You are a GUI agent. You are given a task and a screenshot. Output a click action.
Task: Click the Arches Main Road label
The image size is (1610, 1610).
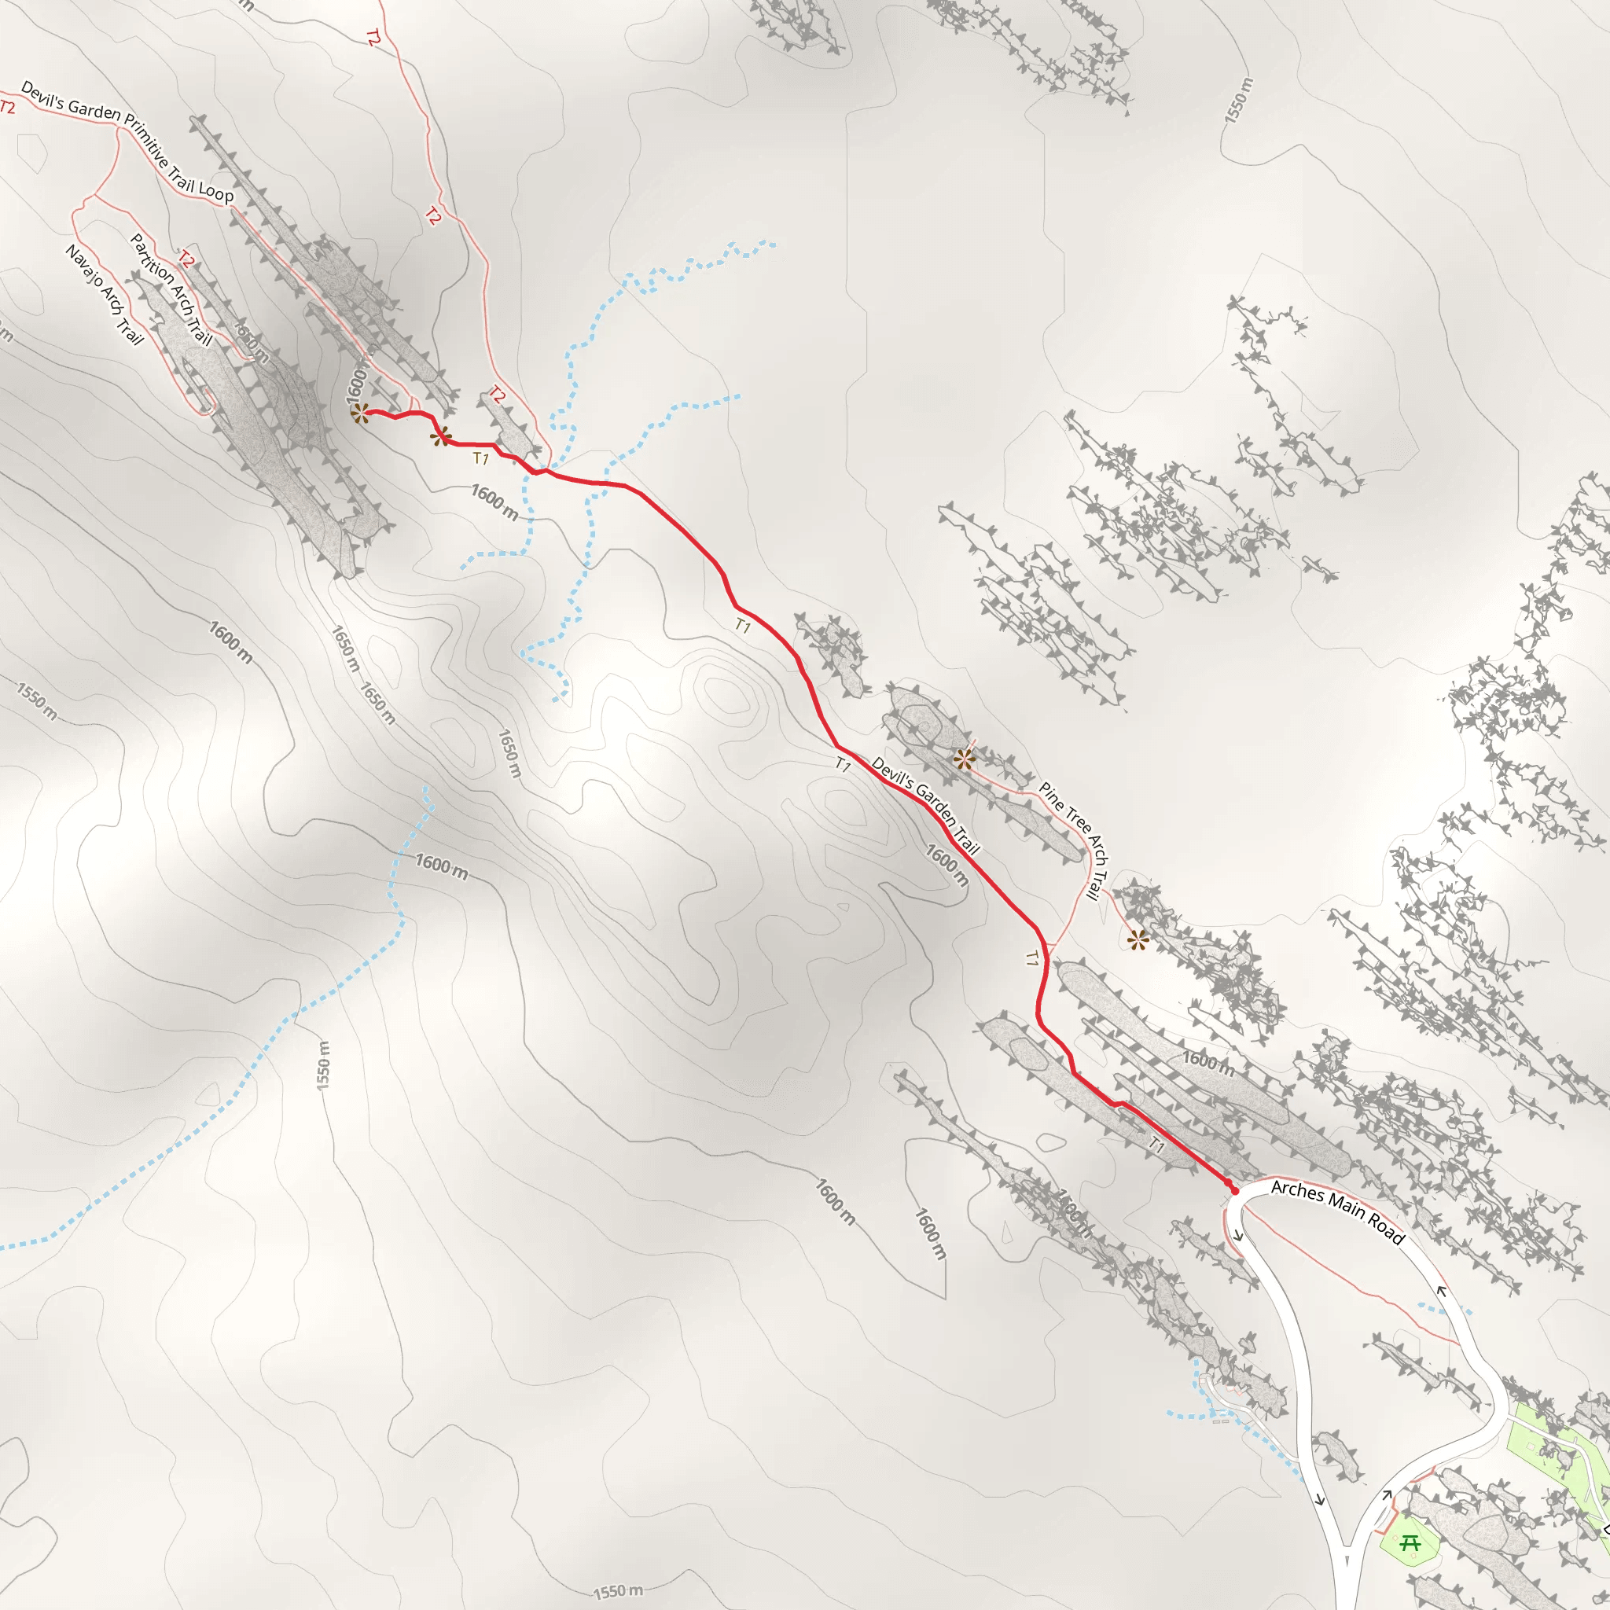[1337, 1211]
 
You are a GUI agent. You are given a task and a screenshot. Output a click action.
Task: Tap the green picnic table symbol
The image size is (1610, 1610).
[1410, 1543]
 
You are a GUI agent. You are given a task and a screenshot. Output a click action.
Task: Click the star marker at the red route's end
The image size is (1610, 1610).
[360, 414]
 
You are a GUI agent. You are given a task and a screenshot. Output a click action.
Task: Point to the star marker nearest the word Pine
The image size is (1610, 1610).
[964, 759]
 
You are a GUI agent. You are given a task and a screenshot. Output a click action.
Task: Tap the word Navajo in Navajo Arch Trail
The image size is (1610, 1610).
[84, 265]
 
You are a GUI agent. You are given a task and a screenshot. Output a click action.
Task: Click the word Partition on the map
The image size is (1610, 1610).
[152, 259]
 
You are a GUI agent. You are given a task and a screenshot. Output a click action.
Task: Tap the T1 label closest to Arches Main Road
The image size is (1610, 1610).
[1156, 1145]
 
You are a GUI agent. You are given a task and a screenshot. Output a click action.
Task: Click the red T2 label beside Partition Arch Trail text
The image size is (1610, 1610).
[186, 260]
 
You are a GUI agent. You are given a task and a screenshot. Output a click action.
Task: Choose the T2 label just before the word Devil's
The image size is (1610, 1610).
[8, 107]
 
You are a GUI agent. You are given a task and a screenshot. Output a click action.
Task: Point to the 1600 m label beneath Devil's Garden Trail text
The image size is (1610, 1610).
[947, 866]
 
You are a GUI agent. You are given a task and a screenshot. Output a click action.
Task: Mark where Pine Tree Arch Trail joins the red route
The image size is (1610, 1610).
[1047, 947]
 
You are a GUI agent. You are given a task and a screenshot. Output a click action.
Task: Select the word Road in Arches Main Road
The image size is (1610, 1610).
[1386, 1231]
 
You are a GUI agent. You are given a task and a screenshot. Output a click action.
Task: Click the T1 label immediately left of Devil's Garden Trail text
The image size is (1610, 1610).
[844, 764]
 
